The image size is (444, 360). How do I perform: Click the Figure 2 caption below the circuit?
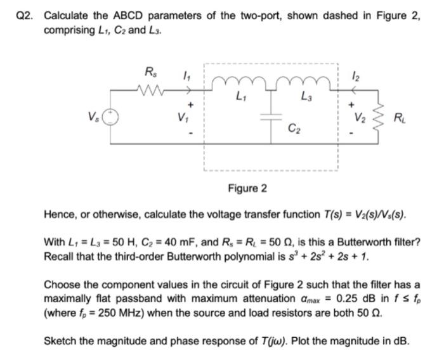tap(247, 188)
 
